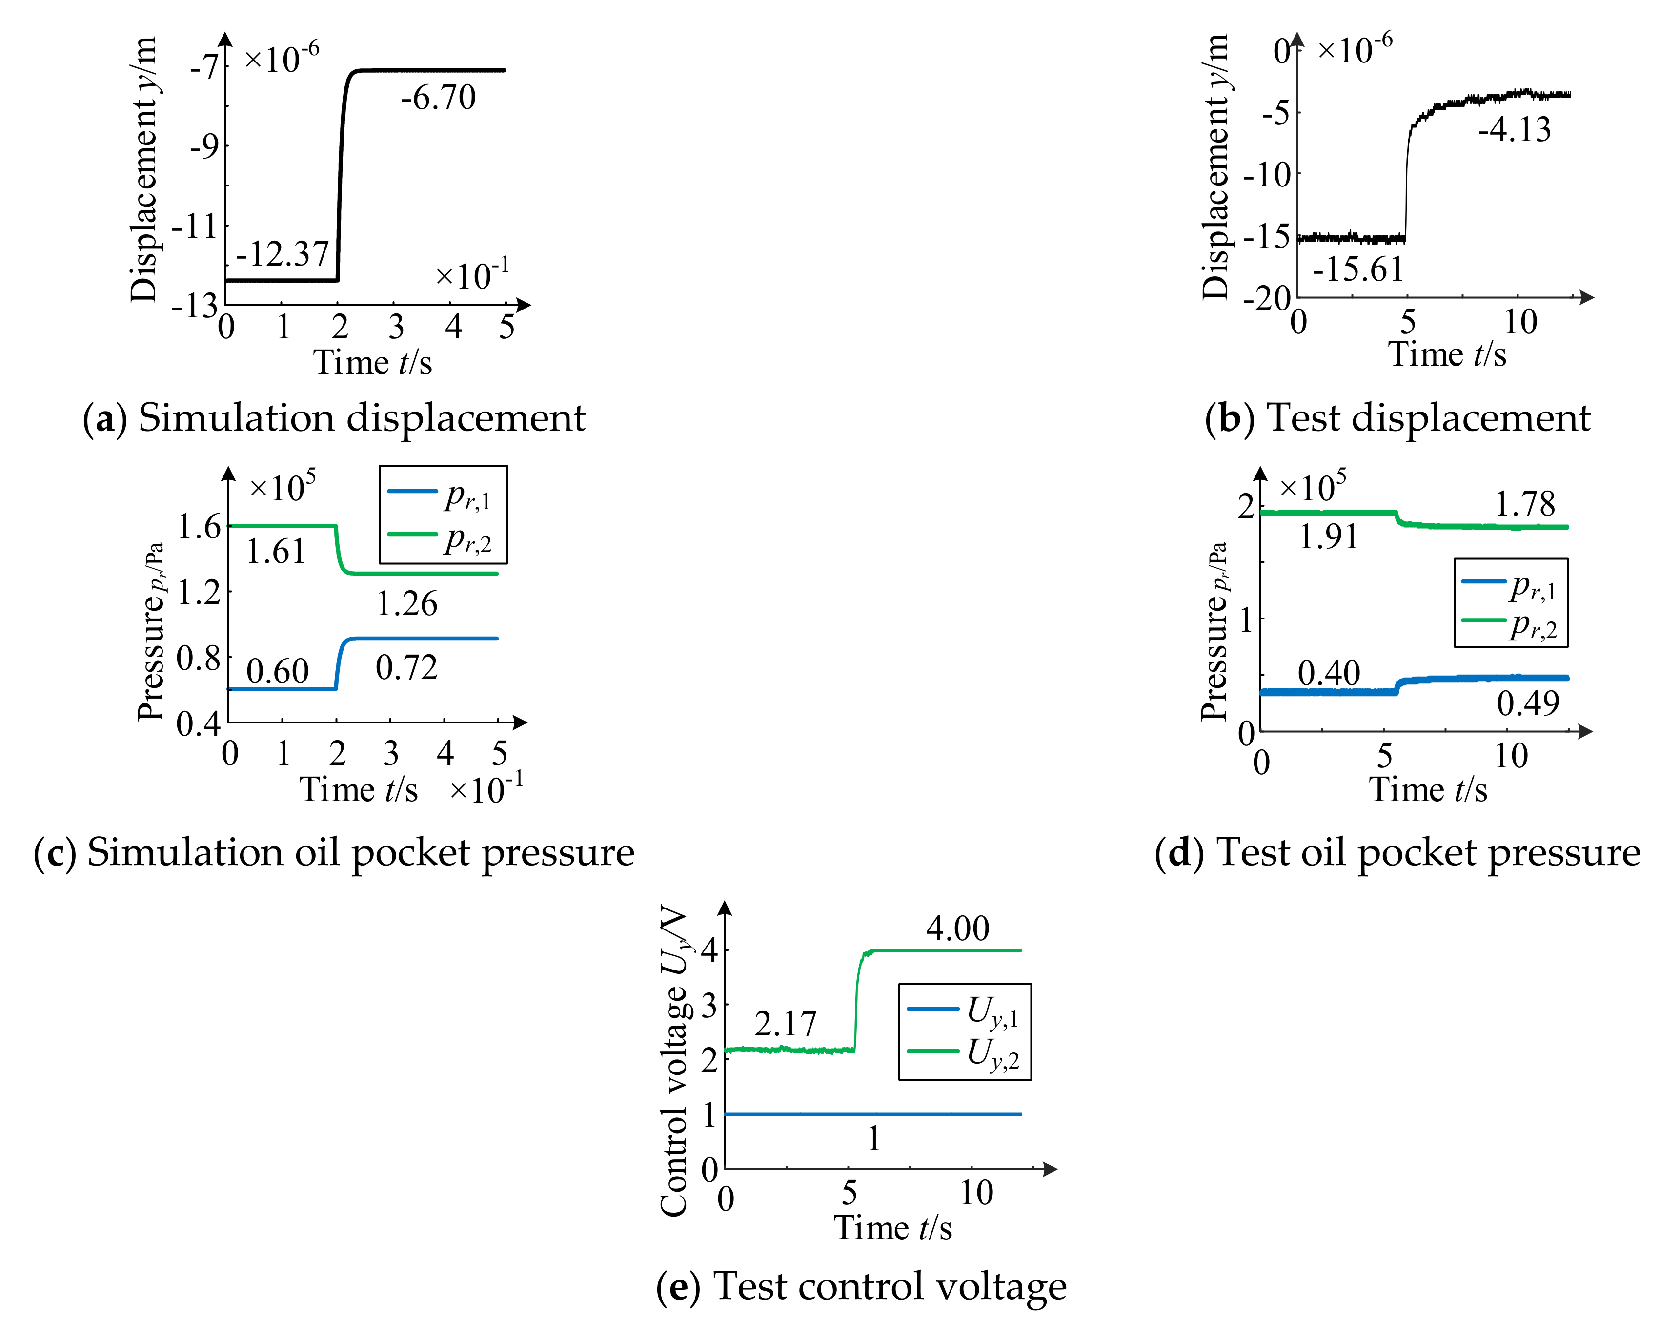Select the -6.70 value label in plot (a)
click(438, 98)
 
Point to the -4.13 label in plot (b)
click(1514, 130)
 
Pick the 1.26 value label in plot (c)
click(406, 604)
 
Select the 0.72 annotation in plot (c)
click(406, 667)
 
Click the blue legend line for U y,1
click(932, 1009)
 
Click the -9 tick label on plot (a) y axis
click(205, 146)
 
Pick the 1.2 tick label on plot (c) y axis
click(199, 593)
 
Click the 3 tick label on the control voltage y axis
click(709, 1006)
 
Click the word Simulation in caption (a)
click(236, 418)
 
